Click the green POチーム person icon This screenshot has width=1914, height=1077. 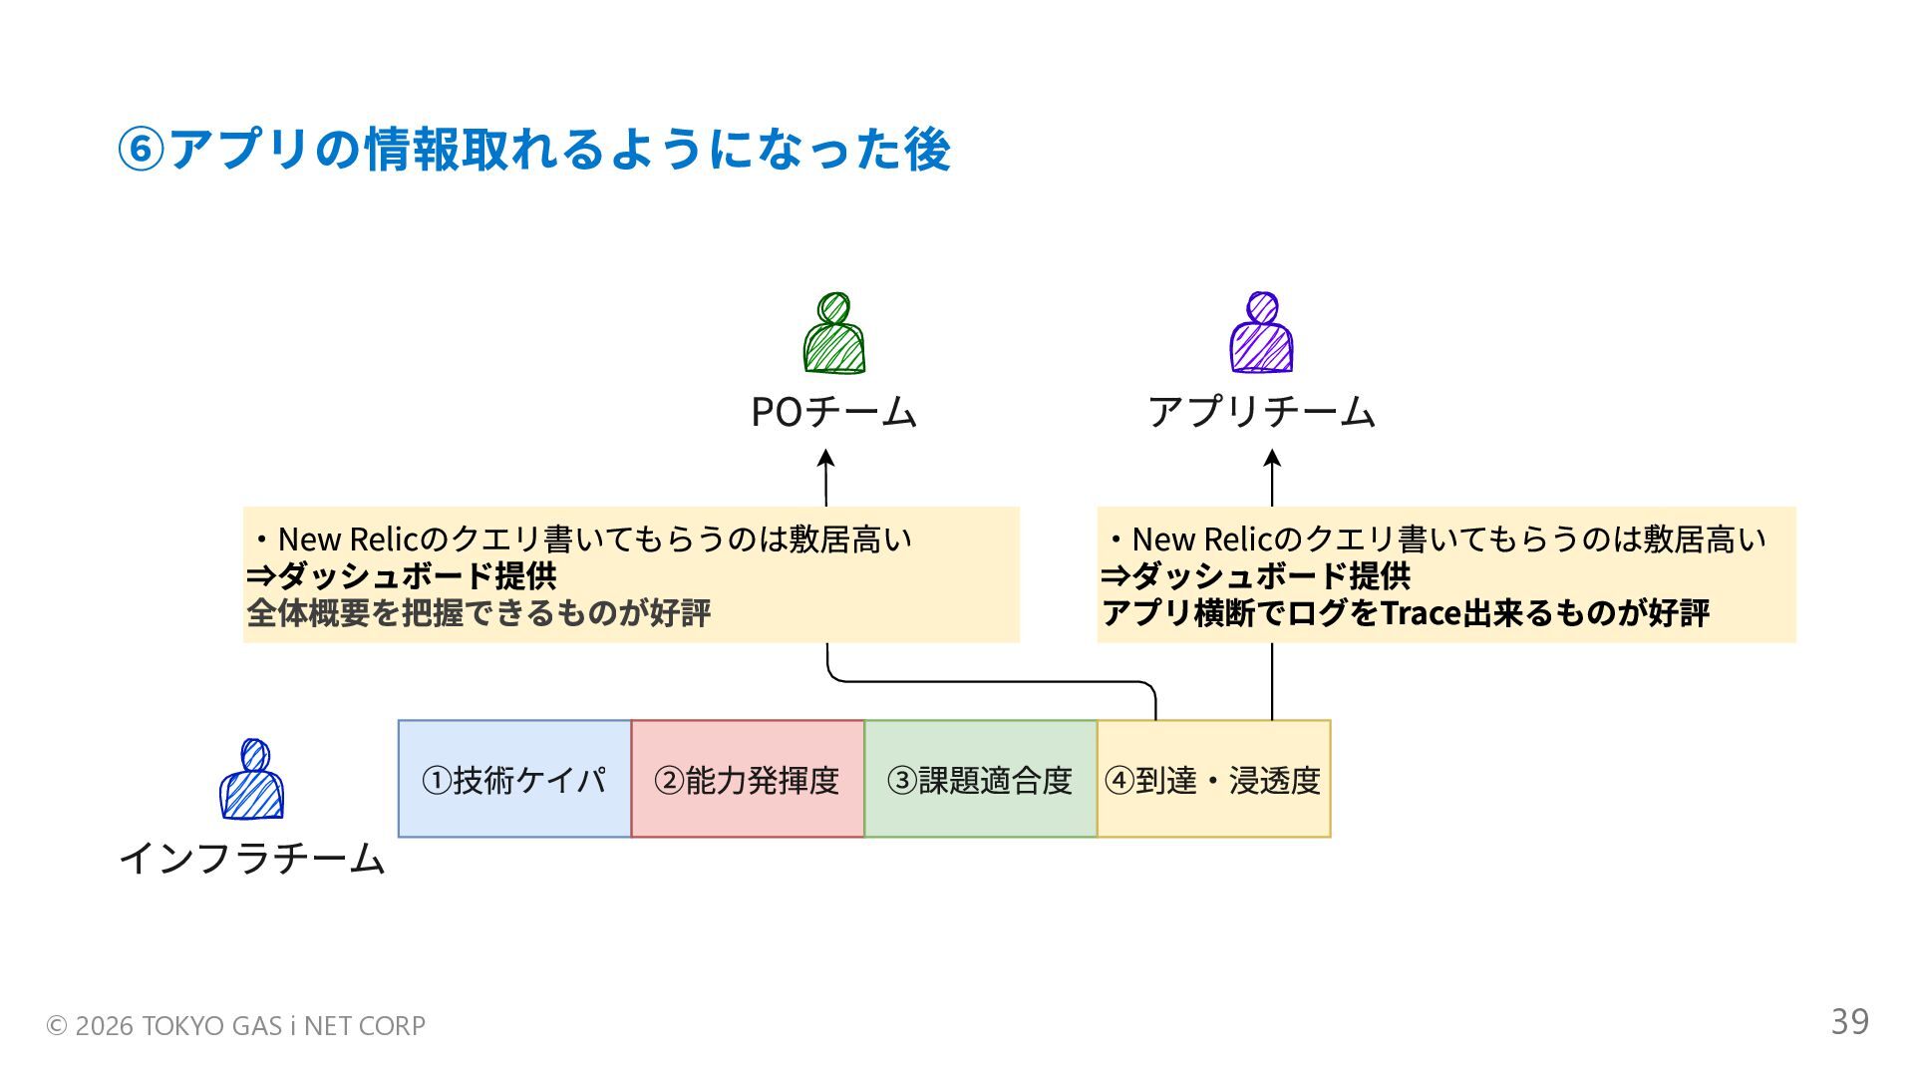coord(834,334)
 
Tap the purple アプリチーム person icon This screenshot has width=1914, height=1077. coord(1261,334)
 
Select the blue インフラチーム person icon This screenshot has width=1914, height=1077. coord(251,780)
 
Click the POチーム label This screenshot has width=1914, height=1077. coord(833,412)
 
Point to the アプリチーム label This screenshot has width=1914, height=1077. coord(1261,412)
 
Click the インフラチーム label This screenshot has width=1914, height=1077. coord(251,858)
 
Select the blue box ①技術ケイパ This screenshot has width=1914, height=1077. coord(514,779)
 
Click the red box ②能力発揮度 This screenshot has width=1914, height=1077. coord(748,779)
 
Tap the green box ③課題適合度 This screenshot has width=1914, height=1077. coord(980,779)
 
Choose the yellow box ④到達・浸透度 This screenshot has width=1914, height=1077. coord(1213,779)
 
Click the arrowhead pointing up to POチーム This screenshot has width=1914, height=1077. coord(825,459)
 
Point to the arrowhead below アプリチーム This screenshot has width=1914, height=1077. coord(1272,459)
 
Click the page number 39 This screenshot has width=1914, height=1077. coord(1849,1021)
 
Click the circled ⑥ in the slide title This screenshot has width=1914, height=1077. coord(140,151)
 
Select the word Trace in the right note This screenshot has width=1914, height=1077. coord(1420,612)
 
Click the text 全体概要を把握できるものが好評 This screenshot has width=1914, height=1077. coord(478,612)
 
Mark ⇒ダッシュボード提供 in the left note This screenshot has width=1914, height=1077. coord(402,575)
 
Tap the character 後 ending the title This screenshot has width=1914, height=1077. coord(927,151)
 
